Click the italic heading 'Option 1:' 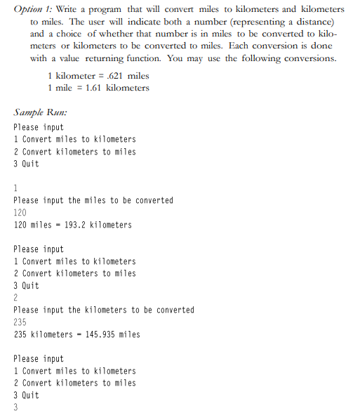pos(32,9)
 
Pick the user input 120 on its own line pos(20,212)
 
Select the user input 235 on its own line pos(20,322)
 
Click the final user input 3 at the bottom pos(15,407)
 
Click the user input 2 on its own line pos(15,298)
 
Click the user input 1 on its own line pos(15,188)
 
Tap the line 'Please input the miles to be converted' pos(93,200)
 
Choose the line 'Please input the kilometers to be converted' pos(103,310)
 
